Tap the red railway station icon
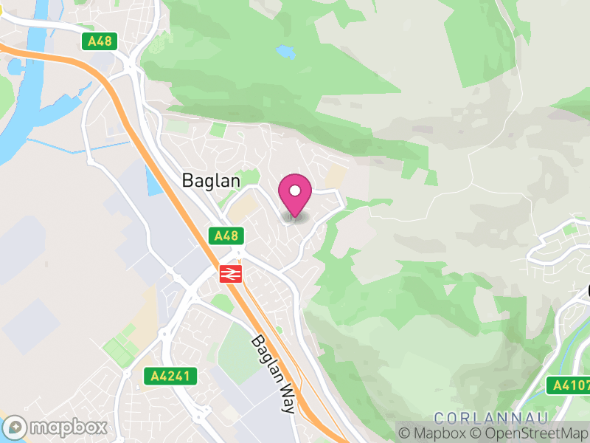pyautogui.click(x=230, y=274)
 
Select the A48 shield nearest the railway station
pyautogui.click(x=226, y=236)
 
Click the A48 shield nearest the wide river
pyautogui.click(x=99, y=41)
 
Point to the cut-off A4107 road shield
pyautogui.click(x=569, y=385)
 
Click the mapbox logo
pyautogui.click(x=56, y=427)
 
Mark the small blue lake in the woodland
pyautogui.click(x=285, y=52)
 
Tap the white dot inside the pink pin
pyautogui.click(x=295, y=190)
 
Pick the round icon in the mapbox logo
pyautogui.click(x=16, y=427)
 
